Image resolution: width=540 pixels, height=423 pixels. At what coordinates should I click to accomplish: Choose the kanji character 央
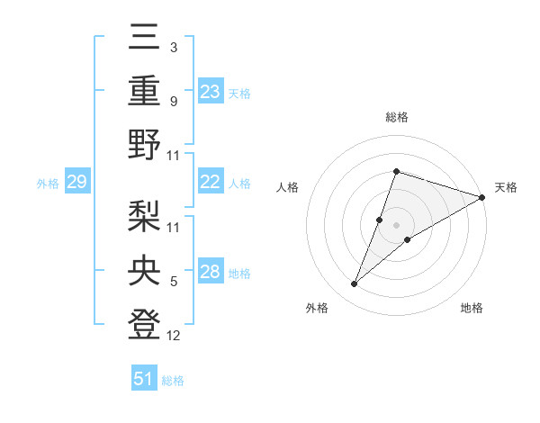tap(145, 269)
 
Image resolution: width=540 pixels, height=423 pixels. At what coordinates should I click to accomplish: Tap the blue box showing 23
tap(211, 92)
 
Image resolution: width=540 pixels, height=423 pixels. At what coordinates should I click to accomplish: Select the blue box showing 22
tap(211, 182)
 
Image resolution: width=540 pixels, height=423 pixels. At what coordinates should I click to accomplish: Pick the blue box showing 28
tap(211, 273)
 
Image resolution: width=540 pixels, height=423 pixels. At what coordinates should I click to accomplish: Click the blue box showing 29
tap(76, 183)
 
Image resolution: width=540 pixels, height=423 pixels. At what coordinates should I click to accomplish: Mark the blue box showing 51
tap(144, 379)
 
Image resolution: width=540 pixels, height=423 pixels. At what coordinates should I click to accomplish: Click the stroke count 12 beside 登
tap(174, 337)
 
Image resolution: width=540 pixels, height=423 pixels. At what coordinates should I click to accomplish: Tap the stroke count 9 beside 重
tap(174, 101)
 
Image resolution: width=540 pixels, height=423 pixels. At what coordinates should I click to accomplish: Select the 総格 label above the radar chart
tap(396, 118)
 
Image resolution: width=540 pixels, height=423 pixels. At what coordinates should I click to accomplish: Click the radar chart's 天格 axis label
tap(506, 187)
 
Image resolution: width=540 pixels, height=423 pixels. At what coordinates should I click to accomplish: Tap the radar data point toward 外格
tap(355, 284)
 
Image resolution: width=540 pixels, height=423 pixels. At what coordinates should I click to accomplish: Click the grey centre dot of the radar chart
tap(396, 225)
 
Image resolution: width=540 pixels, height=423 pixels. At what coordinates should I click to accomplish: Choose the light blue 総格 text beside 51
tap(173, 381)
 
